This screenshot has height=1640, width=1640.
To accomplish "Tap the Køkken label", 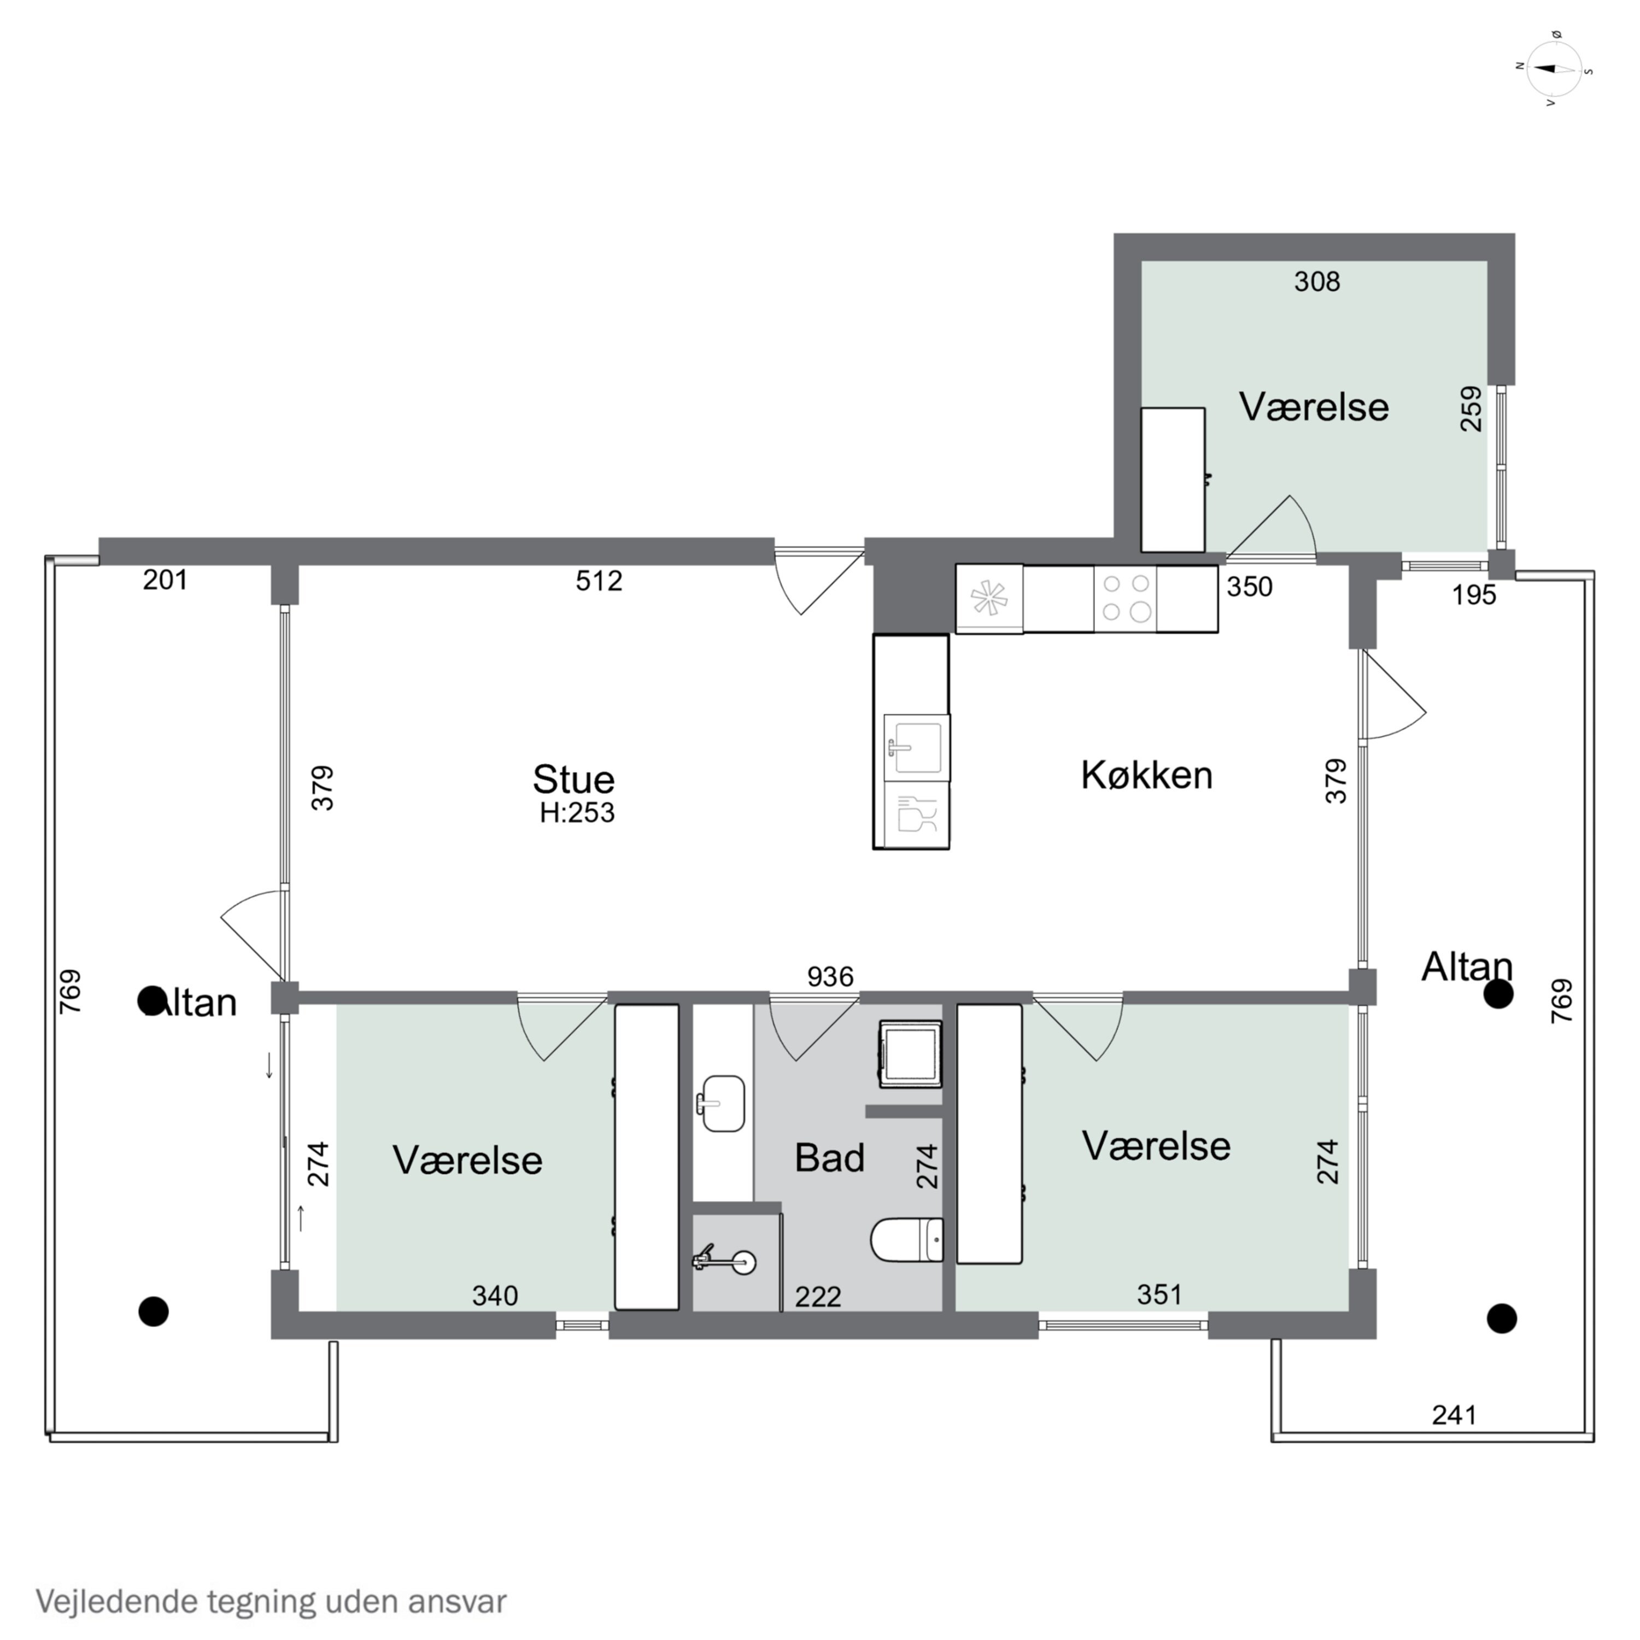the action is point(1147,775).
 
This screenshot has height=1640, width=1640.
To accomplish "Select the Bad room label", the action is point(829,1158).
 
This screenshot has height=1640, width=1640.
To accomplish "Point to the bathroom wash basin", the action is point(722,1104).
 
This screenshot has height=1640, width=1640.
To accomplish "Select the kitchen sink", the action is point(916,747).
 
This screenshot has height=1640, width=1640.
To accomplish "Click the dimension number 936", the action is point(830,977).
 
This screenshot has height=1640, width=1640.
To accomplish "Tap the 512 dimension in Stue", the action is point(599,581).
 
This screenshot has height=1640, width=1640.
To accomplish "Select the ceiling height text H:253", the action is point(577,812).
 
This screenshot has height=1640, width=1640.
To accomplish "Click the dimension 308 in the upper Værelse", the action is point(1316,281).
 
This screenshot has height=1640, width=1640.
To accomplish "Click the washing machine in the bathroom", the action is point(911,1053).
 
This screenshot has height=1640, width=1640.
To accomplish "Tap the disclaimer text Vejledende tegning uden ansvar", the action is point(271,1602).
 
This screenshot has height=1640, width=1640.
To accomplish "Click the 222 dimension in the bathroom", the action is point(817,1296).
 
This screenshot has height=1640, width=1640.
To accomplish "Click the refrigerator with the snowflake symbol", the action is point(989,599).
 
